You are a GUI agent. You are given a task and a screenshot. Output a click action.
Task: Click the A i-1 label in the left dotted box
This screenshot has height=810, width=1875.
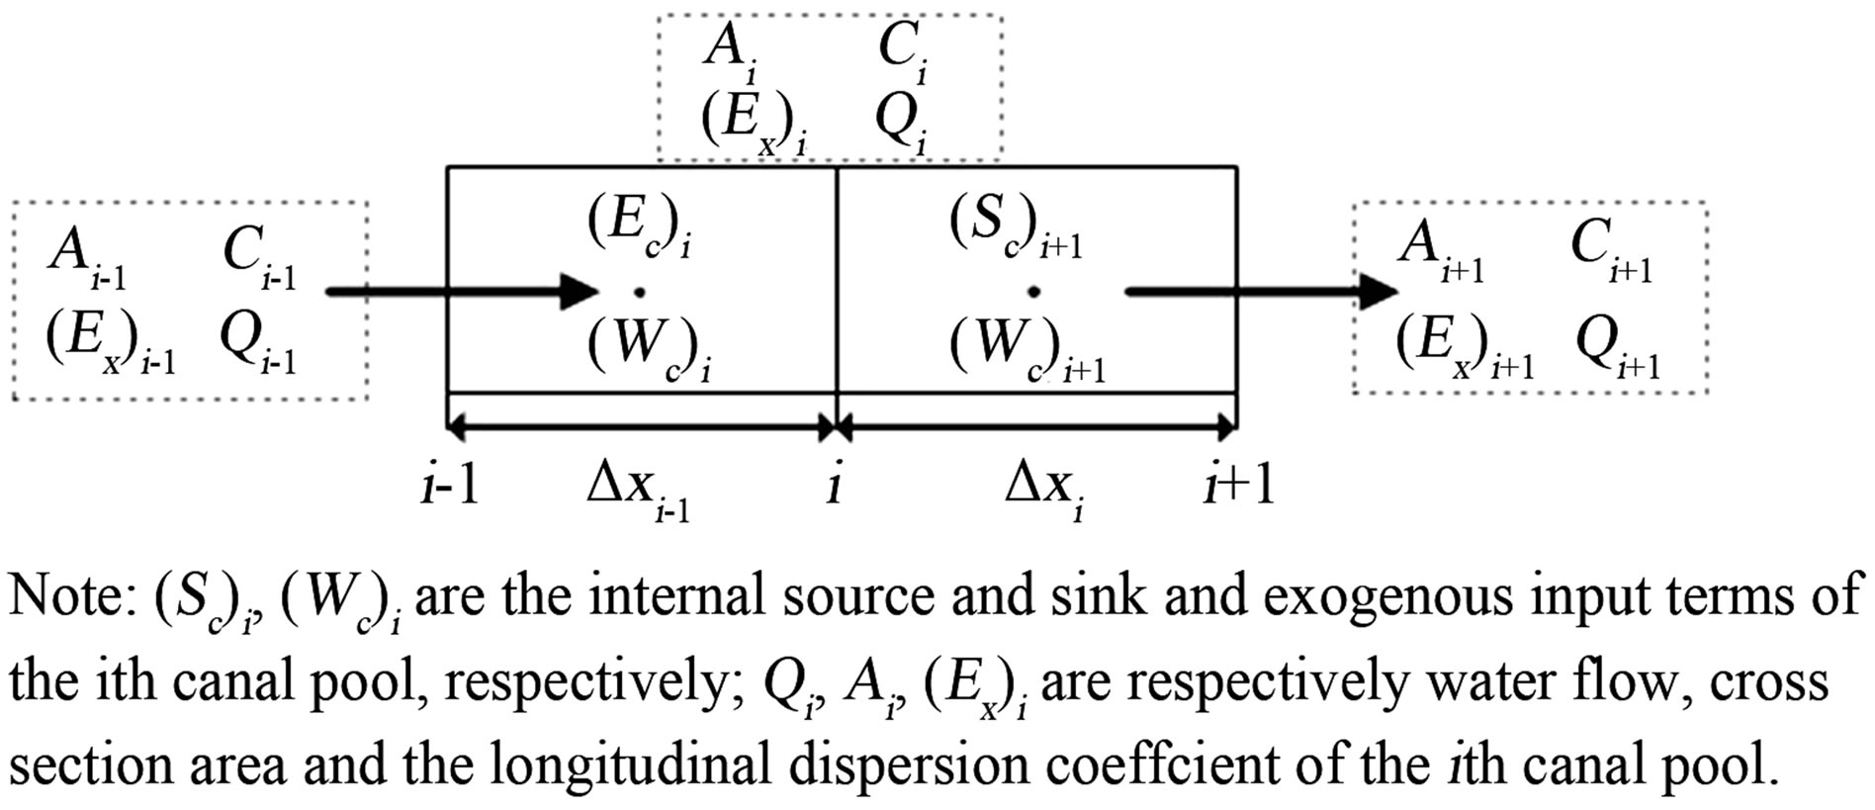tap(87, 257)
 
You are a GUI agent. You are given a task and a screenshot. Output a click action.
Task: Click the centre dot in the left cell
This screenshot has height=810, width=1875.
tap(640, 292)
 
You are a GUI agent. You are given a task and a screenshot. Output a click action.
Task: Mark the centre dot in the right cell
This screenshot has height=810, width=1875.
tap(1033, 292)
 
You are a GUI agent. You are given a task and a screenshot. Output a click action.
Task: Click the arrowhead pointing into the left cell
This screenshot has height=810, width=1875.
tap(580, 292)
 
